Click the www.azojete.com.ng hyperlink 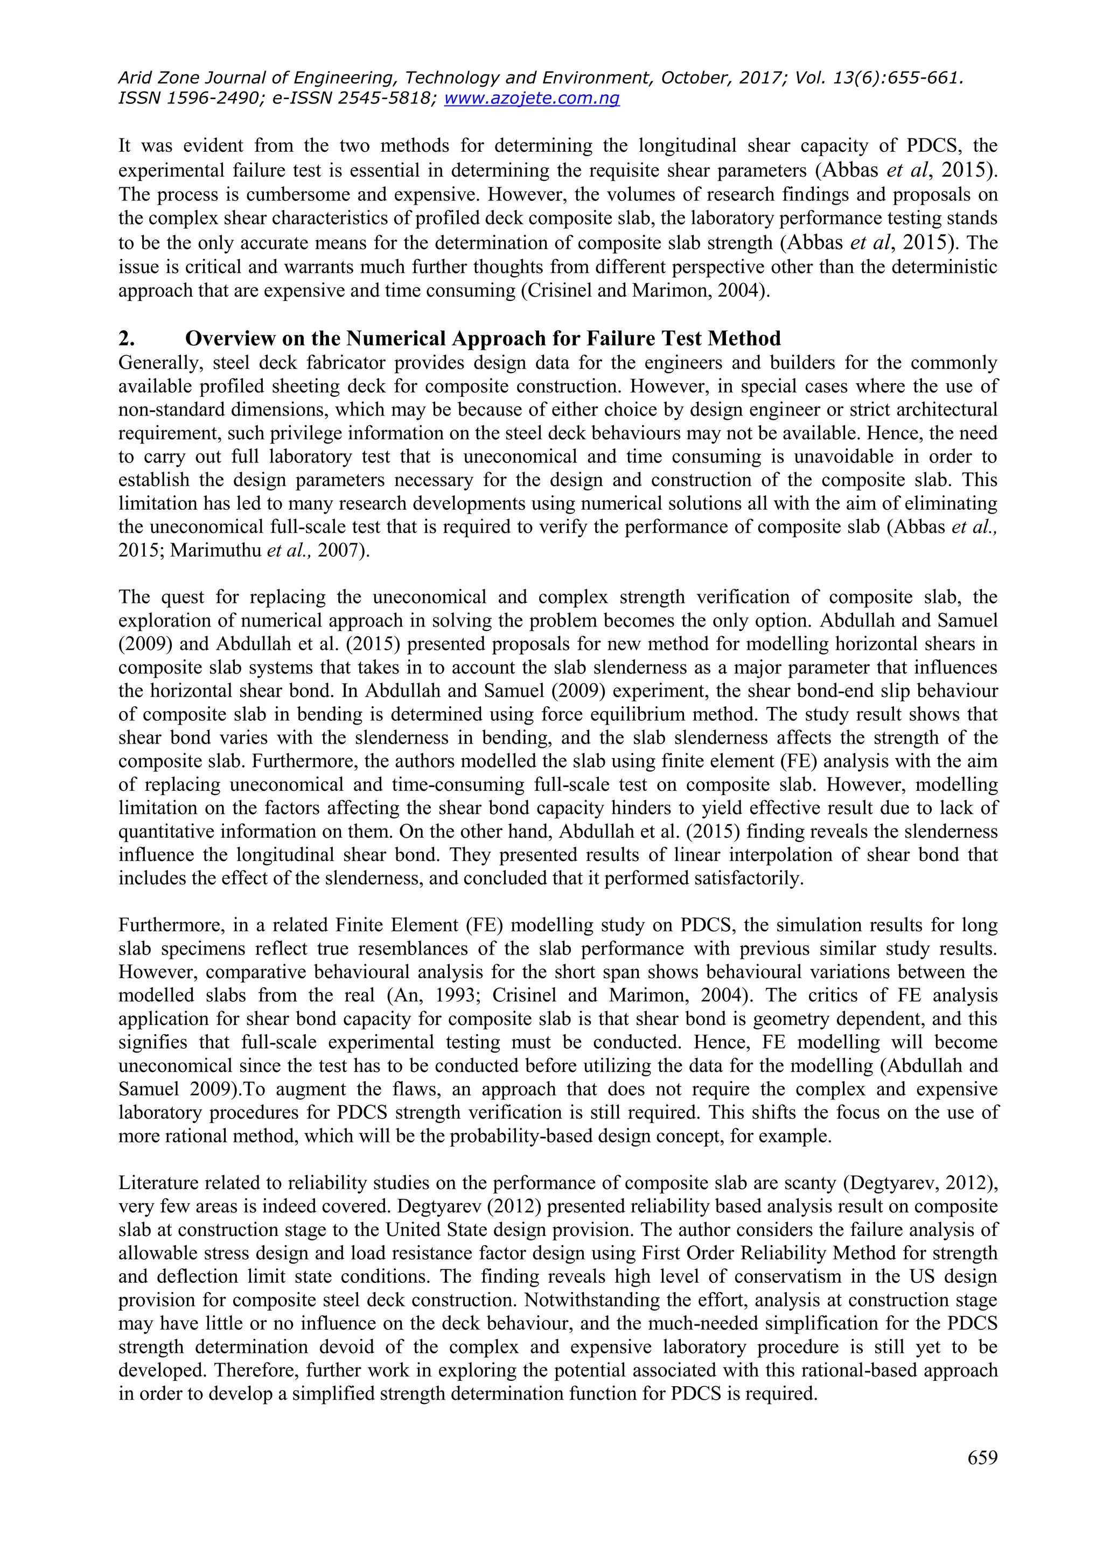click(x=531, y=99)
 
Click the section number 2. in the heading click(x=127, y=338)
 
